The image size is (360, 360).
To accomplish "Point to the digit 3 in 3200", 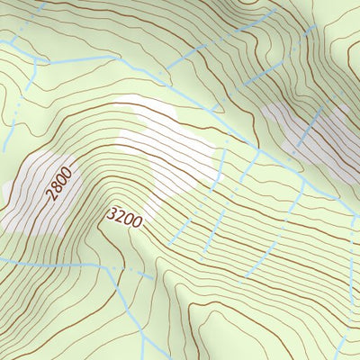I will (112, 212).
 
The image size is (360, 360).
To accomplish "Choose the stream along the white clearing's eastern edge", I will (217, 162).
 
